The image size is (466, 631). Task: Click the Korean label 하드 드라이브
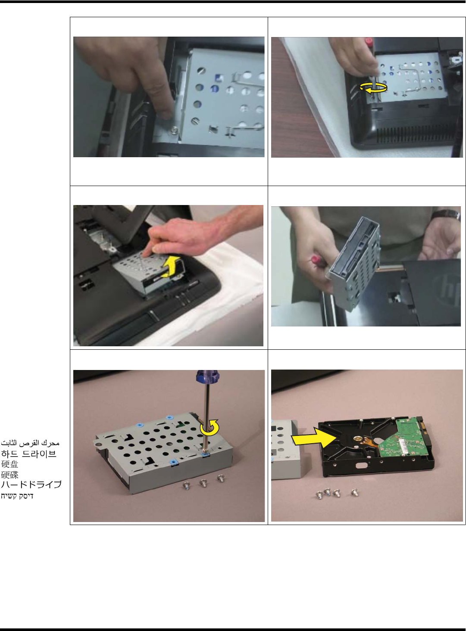(29, 454)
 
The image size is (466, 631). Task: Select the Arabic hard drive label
(30, 443)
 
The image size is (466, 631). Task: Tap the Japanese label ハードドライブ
(31, 485)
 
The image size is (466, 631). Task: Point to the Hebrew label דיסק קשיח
(17, 496)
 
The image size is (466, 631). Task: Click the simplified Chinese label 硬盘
(9, 464)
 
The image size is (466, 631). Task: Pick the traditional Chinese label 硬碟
(9, 475)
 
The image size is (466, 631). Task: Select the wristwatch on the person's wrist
(446, 215)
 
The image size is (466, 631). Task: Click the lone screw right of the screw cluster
(354, 493)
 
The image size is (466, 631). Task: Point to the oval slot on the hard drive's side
(362, 466)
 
